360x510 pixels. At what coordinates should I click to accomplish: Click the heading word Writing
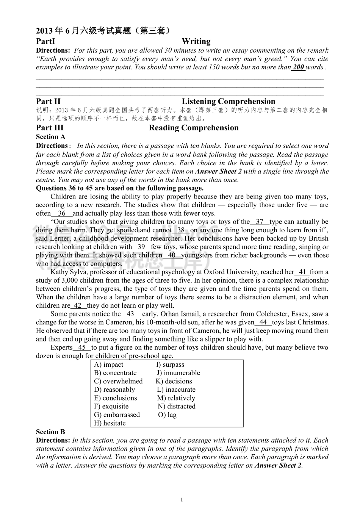[x=196, y=41]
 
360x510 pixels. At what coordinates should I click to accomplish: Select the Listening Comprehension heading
[x=228, y=101]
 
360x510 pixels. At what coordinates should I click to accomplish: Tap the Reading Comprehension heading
[x=193, y=128]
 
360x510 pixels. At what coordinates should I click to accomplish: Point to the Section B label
[x=50, y=432]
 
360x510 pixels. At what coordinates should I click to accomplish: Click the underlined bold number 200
[x=298, y=67]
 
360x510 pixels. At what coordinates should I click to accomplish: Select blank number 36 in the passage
[x=61, y=213]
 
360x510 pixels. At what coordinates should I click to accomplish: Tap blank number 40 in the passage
[x=172, y=255]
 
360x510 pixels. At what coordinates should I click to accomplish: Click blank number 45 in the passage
[x=82, y=347]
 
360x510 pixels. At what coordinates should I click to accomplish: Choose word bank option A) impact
[x=109, y=365]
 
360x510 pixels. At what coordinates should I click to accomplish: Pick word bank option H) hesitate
[x=110, y=423]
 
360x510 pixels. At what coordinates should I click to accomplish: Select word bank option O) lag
[x=167, y=415]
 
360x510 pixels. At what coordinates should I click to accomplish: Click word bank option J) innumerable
[x=178, y=373]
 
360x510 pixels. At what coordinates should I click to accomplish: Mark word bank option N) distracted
[x=177, y=406]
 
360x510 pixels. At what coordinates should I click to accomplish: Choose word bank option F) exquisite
[x=111, y=406]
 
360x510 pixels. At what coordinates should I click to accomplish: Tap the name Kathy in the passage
[x=59, y=272]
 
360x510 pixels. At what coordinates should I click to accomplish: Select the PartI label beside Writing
[x=45, y=41]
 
